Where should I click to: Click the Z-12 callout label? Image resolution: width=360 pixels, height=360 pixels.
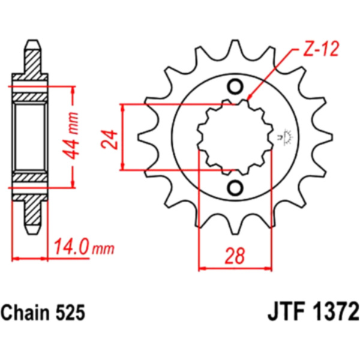[321, 50]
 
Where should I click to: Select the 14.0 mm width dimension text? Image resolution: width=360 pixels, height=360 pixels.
[83, 247]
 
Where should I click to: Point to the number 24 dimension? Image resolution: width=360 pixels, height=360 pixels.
[109, 140]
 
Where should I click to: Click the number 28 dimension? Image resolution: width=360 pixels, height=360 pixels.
[235, 256]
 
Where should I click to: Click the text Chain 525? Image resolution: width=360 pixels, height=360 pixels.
[43, 313]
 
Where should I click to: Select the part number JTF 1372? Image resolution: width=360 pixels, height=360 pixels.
[313, 312]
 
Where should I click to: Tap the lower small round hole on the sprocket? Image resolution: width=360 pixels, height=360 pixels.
[235, 188]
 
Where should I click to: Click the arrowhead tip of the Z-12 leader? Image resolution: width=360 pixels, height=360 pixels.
[248, 100]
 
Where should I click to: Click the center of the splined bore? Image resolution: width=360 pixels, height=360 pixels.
[235, 137]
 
